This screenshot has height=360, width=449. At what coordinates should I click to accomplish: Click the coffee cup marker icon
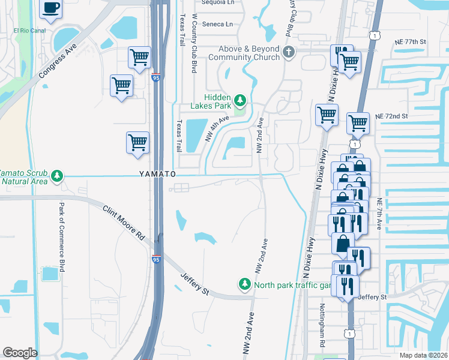(51, 8)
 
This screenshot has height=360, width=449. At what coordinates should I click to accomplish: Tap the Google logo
(20, 353)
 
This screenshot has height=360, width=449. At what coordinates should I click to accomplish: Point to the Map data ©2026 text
(424, 355)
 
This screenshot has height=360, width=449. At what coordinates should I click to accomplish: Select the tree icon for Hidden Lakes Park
(240, 100)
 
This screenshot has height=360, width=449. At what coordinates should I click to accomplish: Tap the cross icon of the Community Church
(289, 52)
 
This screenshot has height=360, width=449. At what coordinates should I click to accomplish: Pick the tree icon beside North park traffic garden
(245, 284)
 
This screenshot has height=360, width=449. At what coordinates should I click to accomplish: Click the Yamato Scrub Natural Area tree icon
(57, 175)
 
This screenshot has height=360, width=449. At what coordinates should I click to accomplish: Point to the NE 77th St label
(410, 42)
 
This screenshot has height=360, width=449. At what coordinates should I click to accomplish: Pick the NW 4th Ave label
(218, 128)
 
